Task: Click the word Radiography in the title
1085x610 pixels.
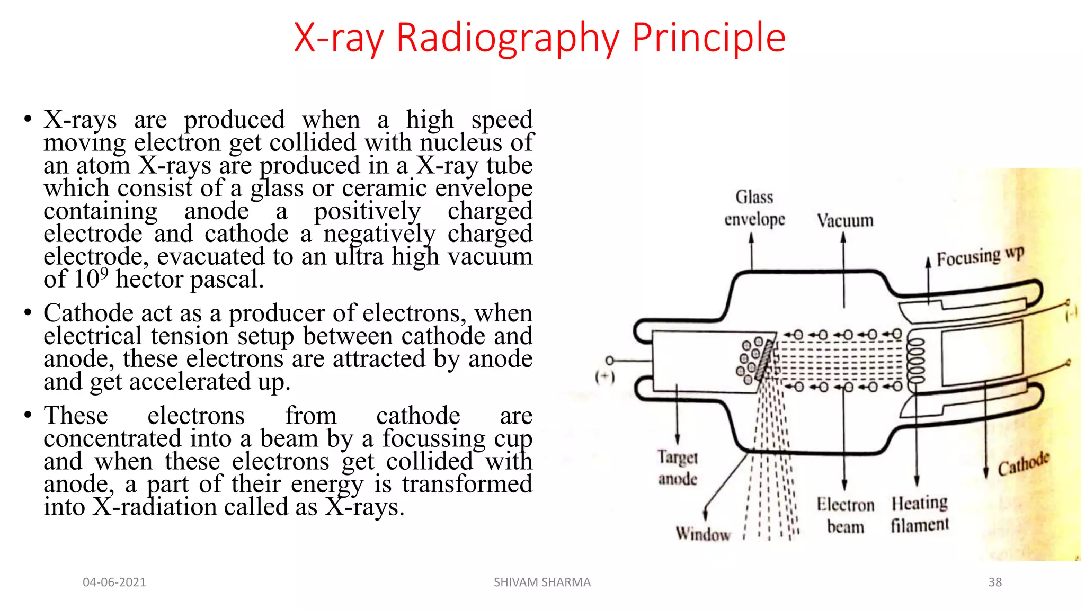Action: pyautogui.click(x=507, y=38)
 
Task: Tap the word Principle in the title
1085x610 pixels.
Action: pyautogui.click(x=708, y=38)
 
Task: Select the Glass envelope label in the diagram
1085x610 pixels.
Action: pyautogui.click(x=754, y=208)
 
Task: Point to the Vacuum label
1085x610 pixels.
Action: pyautogui.click(x=844, y=220)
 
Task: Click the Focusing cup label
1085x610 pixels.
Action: pyautogui.click(x=980, y=257)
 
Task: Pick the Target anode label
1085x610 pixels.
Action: pyautogui.click(x=678, y=468)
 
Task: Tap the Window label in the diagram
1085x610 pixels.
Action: pyautogui.click(x=702, y=533)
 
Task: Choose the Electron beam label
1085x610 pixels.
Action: pyautogui.click(x=845, y=515)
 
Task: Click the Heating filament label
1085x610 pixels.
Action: pyautogui.click(x=919, y=514)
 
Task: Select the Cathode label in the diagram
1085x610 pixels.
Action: pyautogui.click(x=1023, y=464)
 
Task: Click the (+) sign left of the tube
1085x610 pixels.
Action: pyautogui.click(x=604, y=377)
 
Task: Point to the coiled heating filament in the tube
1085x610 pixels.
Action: pyautogui.click(x=917, y=361)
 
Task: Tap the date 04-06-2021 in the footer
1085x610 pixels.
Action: pyautogui.click(x=114, y=582)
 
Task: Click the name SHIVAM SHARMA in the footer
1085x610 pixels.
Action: pyautogui.click(x=542, y=582)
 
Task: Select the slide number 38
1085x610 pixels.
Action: pyautogui.click(x=995, y=582)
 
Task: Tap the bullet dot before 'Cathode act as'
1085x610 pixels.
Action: pyautogui.click(x=28, y=312)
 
